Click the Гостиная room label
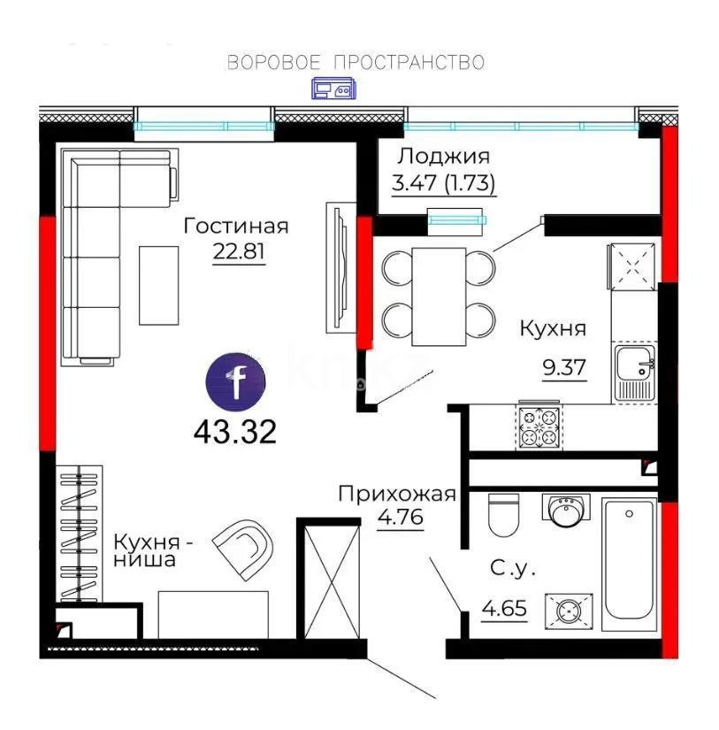[x=236, y=227]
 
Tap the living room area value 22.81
[x=239, y=251]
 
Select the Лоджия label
[x=443, y=157]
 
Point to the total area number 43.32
[x=235, y=432]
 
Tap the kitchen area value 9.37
[x=564, y=366]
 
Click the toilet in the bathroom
[x=503, y=517]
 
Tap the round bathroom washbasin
[x=563, y=511]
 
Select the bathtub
[x=630, y=560]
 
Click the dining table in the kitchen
[x=439, y=296]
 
